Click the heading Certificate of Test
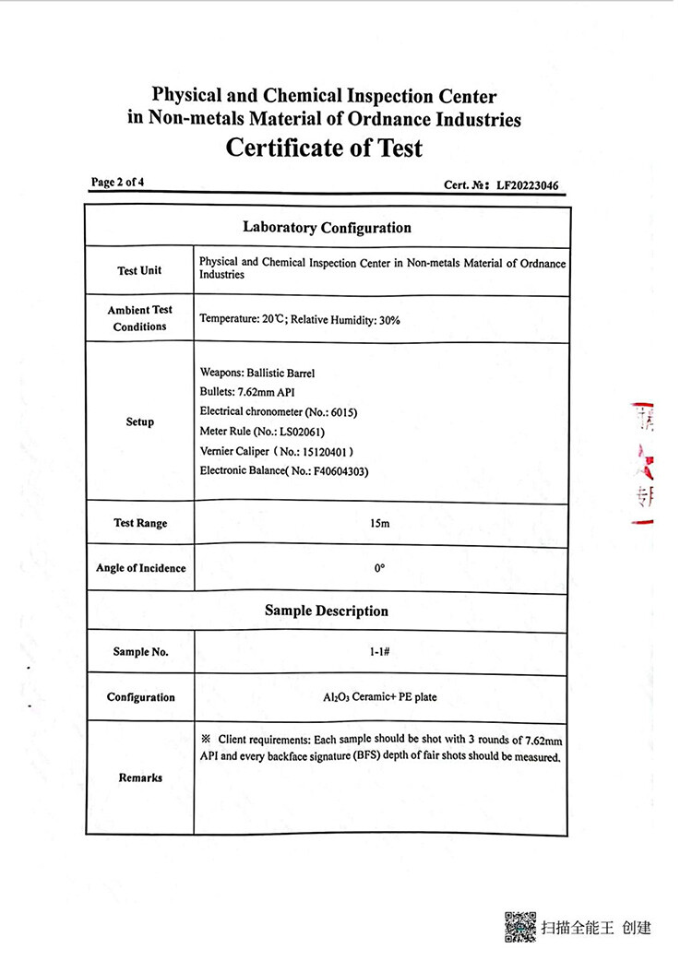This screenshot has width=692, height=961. [x=324, y=148]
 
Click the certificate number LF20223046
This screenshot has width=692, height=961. [x=527, y=185]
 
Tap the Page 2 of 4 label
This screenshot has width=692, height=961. [x=117, y=182]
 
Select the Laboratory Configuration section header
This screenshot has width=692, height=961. [x=327, y=227]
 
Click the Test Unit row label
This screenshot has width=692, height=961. [x=139, y=270]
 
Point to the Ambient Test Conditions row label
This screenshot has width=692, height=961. [x=139, y=318]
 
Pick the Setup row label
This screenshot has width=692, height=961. [x=139, y=421]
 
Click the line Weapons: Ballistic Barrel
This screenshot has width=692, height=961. [x=257, y=374]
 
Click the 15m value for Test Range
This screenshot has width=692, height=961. [x=379, y=524]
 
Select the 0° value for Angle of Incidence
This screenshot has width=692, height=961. [x=379, y=568]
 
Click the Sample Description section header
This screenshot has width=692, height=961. [x=327, y=611]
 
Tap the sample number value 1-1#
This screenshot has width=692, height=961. [x=379, y=652]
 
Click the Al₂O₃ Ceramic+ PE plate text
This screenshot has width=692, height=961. [x=379, y=697]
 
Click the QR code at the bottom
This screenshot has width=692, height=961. [x=520, y=926]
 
